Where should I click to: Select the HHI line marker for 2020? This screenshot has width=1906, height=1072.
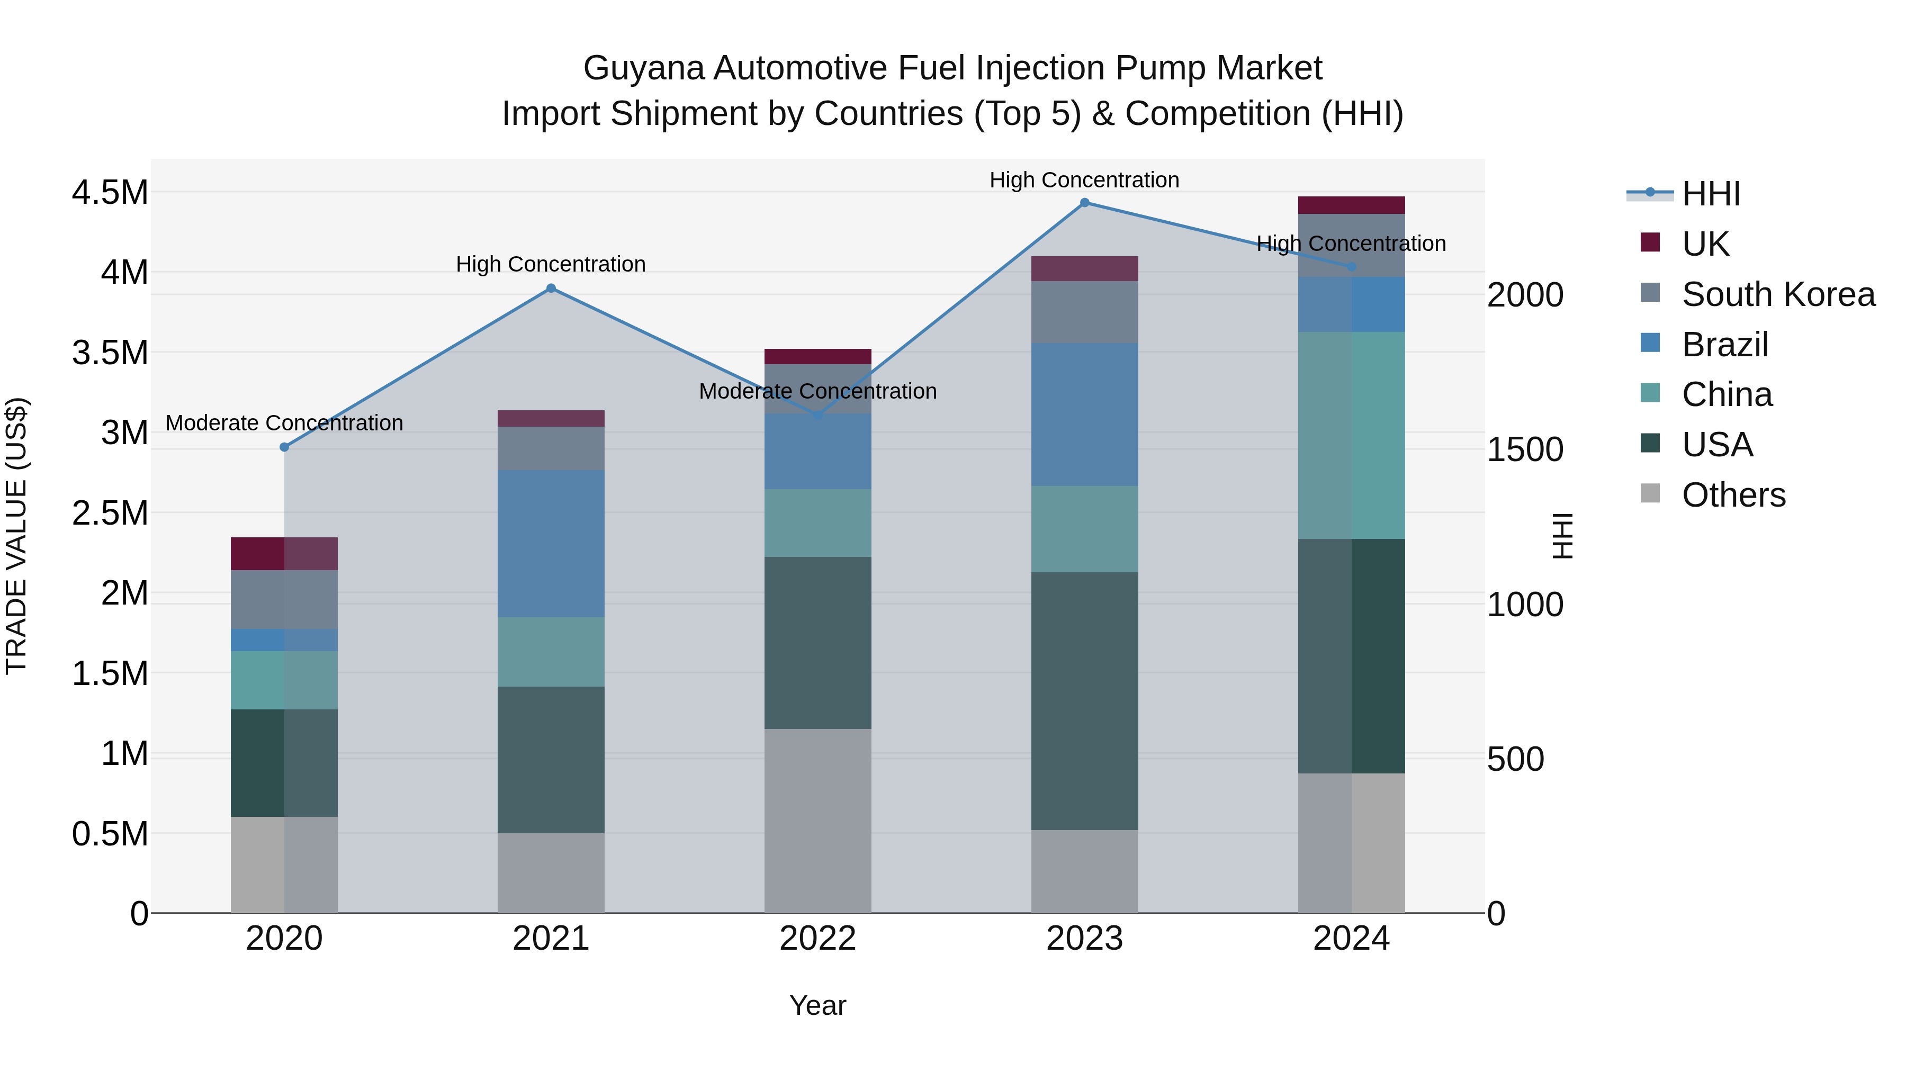pos(284,447)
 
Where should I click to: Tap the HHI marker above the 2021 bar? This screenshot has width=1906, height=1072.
pos(551,289)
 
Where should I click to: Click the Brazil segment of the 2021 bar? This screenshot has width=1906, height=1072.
pos(551,544)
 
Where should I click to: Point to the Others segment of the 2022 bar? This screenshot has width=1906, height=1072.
pos(817,821)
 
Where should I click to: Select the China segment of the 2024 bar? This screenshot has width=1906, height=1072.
pos(1351,435)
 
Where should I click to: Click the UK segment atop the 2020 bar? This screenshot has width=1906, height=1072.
pos(284,553)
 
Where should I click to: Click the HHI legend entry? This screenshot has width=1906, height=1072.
pos(1711,194)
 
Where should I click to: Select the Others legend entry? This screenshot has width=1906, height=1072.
pos(1733,495)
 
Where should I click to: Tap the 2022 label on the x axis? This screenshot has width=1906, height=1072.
pos(817,939)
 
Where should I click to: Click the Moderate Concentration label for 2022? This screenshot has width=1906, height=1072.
pos(817,391)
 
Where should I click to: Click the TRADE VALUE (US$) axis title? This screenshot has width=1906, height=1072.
pos(16,536)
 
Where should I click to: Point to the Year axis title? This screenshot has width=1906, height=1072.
pos(817,1005)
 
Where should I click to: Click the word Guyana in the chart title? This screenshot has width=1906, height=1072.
pos(644,68)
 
